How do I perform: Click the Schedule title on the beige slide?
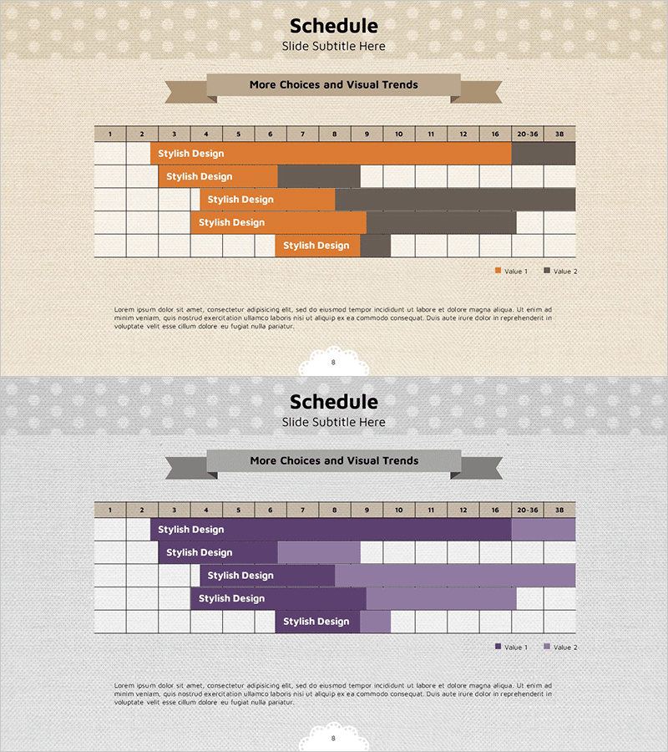coord(333,26)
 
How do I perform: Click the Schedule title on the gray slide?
coord(333,402)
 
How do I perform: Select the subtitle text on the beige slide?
coord(333,47)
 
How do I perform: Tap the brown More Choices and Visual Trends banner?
coord(333,85)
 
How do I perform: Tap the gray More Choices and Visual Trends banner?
coord(333,461)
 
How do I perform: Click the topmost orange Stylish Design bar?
coord(331,154)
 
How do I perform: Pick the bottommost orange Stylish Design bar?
coord(317,246)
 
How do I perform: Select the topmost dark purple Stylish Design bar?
coord(331,530)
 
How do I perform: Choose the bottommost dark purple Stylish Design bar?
coord(317,622)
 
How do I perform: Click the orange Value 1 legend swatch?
coord(498,271)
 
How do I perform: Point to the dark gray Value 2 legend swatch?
coord(547,271)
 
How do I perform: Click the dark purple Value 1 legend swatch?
coord(498,647)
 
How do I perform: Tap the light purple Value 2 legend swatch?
coord(547,647)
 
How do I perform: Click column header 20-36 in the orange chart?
coord(527,134)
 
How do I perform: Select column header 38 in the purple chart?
coord(559,510)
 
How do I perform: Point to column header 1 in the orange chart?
coord(109,134)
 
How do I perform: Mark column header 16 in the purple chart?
coord(495,510)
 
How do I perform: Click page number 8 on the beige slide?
coord(333,363)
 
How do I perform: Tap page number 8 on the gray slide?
coord(333,739)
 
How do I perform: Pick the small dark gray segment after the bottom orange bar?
coord(375,246)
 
